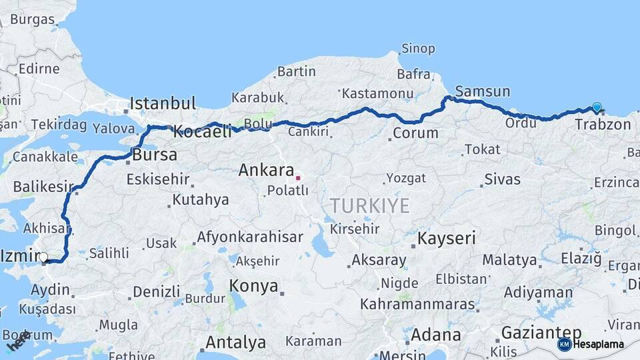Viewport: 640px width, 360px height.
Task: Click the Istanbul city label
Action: pyautogui.click(x=163, y=103)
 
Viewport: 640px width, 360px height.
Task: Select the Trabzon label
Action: pyautogui.click(x=603, y=125)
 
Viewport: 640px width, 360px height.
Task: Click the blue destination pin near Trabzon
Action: pyautogui.click(x=597, y=107)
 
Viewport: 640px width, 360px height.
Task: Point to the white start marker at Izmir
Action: pyautogui.click(x=44, y=257)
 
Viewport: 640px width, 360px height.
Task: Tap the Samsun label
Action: pyautogui.click(x=483, y=91)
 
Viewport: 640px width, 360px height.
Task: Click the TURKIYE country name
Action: pyautogui.click(x=369, y=205)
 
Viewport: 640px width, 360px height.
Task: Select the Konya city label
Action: pyautogui.click(x=253, y=286)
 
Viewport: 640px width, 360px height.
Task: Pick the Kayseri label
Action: pyautogui.click(x=447, y=238)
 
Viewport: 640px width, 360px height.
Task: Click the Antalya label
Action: pyautogui.click(x=235, y=343)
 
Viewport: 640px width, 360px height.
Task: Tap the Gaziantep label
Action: pyautogui.click(x=541, y=333)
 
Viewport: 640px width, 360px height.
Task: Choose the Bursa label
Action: pyautogui.click(x=155, y=155)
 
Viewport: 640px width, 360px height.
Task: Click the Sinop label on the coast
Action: pyautogui.click(x=418, y=49)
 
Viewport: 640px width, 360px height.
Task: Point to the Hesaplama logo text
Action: pyautogui.click(x=599, y=345)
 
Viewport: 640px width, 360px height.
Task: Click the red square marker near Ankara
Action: pyautogui.click(x=298, y=178)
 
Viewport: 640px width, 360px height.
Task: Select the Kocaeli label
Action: pyautogui.click(x=202, y=132)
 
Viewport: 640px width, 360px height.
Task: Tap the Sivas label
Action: pyautogui.click(x=502, y=179)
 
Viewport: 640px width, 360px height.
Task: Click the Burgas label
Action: pyautogui.click(x=32, y=19)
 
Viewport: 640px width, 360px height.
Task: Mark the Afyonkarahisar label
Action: pyautogui.click(x=249, y=237)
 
